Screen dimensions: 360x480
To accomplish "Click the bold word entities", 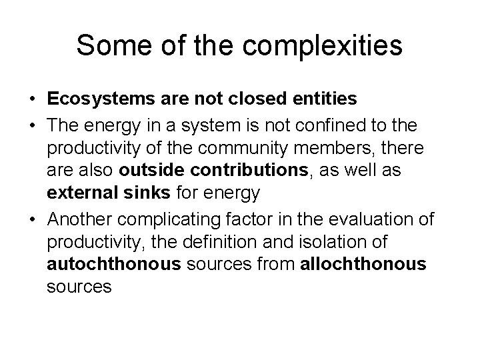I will coord(324,99).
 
